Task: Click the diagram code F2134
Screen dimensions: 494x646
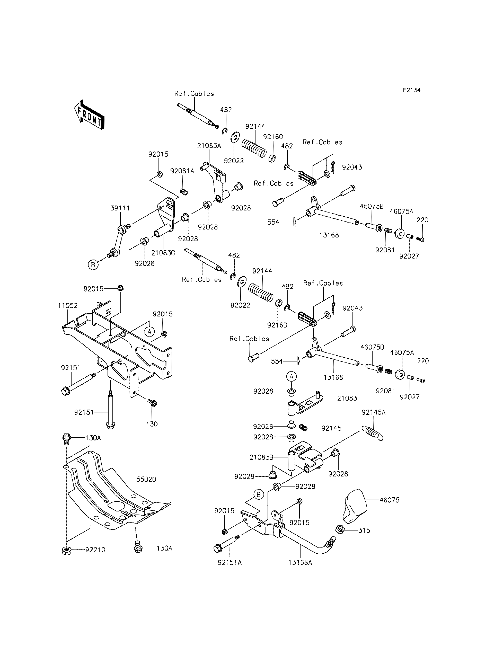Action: (412, 90)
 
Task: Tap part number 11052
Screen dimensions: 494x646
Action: (68, 305)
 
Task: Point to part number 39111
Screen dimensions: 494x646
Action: (120, 208)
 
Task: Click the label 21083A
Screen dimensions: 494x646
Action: (209, 146)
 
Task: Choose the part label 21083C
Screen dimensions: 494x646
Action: (163, 253)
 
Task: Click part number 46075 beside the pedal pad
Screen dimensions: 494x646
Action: (390, 500)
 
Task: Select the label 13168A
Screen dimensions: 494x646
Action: (300, 562)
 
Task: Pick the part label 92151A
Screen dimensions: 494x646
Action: (230, 562)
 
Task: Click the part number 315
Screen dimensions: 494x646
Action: (364, 530)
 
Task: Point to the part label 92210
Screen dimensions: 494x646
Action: (95, 550)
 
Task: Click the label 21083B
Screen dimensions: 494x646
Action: (261, 457)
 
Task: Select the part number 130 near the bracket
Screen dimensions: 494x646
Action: (152, 424)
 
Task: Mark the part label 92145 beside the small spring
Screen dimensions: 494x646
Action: (331, 428)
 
